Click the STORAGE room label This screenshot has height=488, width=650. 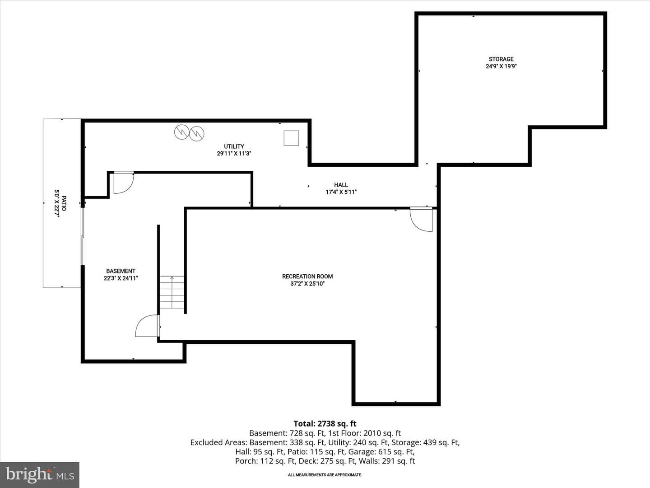tap(501, 59)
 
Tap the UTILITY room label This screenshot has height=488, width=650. tap(234, 146)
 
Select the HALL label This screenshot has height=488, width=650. tap(341, 185)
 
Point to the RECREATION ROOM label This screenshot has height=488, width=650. tap(307, 277)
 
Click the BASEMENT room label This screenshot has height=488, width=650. tap(121, 271)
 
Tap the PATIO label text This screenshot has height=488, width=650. tap(64, 203)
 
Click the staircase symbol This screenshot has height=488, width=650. tap(172, 292)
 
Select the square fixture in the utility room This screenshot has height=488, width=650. tap(292, 138)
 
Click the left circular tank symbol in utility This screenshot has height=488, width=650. tap(181, 132)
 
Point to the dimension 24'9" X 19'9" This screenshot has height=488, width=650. tap(501, 66)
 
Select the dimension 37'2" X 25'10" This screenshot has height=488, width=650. tap(307, 284)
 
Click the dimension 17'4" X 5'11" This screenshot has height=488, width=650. tap(341, 192)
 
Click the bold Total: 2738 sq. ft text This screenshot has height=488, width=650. tap(325, 424)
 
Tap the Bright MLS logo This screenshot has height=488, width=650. tap(40, 474)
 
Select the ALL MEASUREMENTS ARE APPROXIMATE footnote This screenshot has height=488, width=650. tap(325, 475)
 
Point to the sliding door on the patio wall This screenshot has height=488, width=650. tap(83, 236)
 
